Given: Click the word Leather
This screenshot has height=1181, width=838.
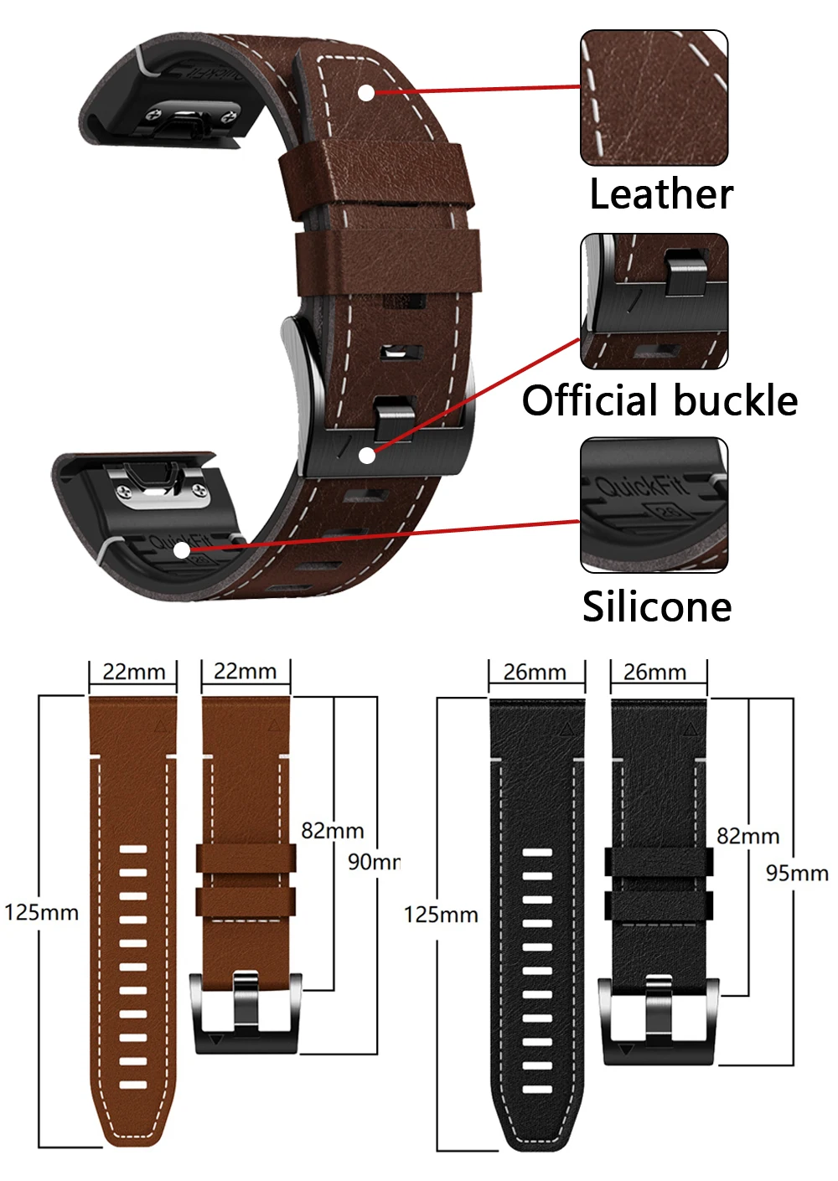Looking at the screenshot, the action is tap(660, 194).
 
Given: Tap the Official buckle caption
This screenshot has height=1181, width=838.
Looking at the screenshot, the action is tap(660, 400).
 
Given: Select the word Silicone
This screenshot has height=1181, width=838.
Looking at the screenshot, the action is tap(657, 606).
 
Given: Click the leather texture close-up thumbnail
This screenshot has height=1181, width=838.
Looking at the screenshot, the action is tap(654, 98).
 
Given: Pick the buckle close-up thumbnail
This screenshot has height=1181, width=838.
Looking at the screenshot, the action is tap(654, 302).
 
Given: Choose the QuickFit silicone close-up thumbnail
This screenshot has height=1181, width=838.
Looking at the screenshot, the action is tap(654, 505).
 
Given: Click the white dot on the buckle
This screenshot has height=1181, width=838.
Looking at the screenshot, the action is tap(367, 455).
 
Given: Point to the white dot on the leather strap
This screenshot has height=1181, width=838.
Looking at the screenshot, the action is tap(367, 92).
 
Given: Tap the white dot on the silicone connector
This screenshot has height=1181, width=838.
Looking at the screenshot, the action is tap(182, 550).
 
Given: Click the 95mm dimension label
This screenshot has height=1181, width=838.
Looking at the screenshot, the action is tap(796, 873).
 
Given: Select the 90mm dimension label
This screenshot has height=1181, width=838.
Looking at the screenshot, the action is tap(374, 861).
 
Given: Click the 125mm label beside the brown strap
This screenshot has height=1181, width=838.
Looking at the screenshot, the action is tap(41, 912).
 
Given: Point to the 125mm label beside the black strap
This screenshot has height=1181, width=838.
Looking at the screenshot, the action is tap(441, 915).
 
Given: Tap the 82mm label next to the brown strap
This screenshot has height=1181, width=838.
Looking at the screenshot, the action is tap(333, 831).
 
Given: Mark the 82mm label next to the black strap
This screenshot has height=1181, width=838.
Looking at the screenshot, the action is tap(747, 836).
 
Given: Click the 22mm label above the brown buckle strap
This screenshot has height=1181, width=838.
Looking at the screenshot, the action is tap(245, 671).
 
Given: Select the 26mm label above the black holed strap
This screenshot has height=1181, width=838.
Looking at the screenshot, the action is tap(535, 673).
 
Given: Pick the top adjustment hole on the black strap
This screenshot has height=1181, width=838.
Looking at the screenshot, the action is tap(537, 854).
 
